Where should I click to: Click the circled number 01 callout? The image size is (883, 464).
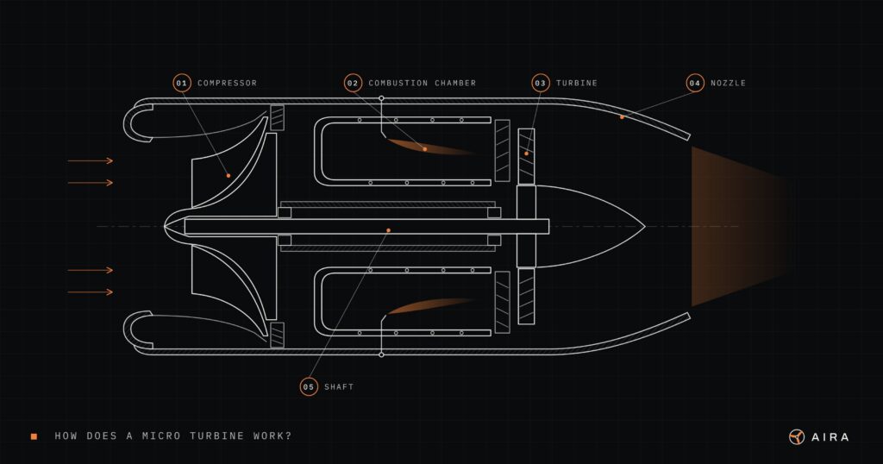point(181,83)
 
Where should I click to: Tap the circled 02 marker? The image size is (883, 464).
point(353,83)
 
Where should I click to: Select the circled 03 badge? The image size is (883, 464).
point(540,83)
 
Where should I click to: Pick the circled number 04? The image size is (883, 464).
point(695,83)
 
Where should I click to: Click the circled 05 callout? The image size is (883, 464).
point(309,387)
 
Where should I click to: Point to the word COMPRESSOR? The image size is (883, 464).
point(227,83)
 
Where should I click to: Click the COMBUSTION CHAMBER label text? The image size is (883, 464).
point(422,83)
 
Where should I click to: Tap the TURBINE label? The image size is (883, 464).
point(577,83)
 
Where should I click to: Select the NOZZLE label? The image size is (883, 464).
point(728,83)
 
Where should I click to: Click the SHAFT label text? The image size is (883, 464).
point(339,387)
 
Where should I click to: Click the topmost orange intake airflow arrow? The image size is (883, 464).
point(90,161)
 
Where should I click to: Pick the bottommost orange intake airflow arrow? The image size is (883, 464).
point(90,292)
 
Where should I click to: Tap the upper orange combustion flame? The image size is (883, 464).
point(432,147)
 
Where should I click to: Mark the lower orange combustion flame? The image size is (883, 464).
point(431,305)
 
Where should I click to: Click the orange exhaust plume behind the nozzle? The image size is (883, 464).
point(738,226)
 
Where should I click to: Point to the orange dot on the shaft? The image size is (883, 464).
point(389,230)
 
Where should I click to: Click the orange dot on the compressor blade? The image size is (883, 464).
point(228,176)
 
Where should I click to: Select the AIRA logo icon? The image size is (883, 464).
point(797,437)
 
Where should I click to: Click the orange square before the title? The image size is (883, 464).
point(34,436)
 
